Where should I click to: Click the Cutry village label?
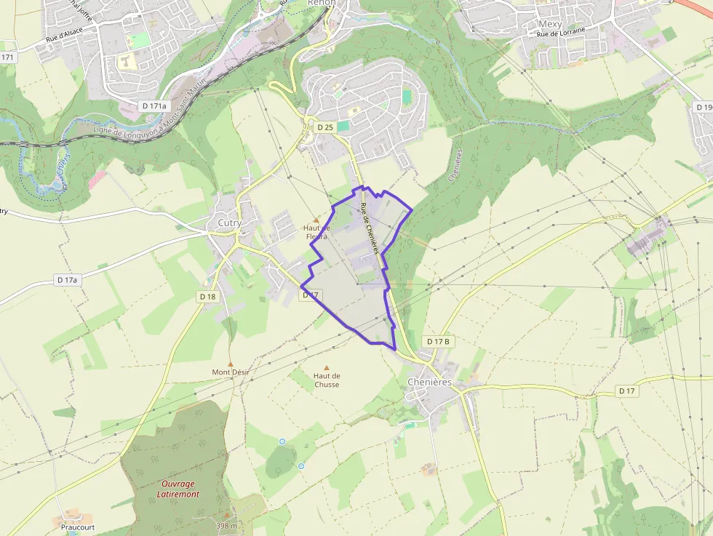coord(230,223)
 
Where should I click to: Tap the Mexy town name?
coord(550,24)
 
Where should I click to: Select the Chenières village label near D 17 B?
coord(429,382)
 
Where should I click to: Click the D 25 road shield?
coord(325,127)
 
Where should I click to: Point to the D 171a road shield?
coord(154,105)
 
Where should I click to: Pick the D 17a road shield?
coord(67,279)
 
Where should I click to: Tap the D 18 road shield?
coord(207,296)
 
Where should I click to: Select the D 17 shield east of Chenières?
coord(627,391)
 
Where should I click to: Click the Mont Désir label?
coord(231,372)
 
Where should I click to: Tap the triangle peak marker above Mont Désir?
coord(231,363)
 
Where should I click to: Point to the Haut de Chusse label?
coord(327,380)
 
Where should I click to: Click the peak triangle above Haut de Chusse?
coord(327,367)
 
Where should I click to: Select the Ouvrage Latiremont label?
coord(178,489)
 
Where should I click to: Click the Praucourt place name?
coord(77,527)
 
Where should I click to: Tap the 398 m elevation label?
coord(227,525)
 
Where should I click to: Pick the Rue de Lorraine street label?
coord(561,34)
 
